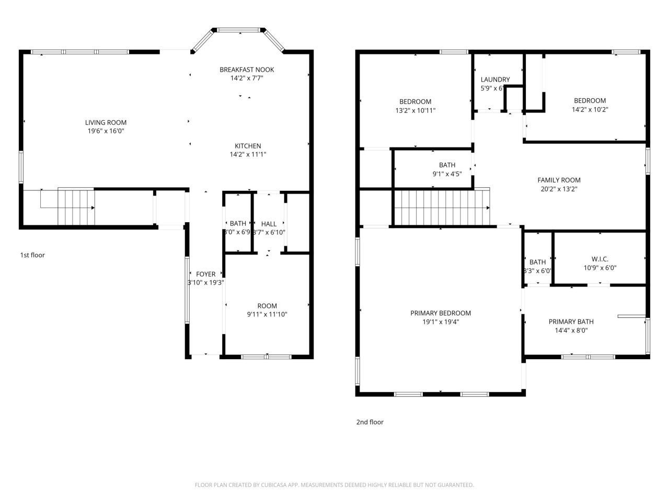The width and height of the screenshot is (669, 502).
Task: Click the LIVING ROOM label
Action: [106, 122]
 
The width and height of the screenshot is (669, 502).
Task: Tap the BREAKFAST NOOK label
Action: [247, 70]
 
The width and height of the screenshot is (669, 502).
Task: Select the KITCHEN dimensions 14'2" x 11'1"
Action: [248, 154]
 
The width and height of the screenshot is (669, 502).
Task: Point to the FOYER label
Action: [205, 274]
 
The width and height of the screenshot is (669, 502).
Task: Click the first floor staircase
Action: [76, 207]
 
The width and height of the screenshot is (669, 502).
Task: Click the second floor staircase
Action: [441, 207]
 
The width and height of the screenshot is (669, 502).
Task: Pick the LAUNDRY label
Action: [495, 79]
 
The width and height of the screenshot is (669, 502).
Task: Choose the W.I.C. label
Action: [599, 259]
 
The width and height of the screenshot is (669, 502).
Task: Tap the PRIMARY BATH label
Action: [571, 322]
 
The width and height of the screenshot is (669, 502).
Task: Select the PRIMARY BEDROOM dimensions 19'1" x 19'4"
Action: [441, 322]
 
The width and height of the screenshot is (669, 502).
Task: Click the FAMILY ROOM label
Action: [559, 180]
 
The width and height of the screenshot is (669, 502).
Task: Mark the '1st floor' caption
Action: [32, 255]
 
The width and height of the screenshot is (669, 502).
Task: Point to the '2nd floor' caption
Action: [370, 422]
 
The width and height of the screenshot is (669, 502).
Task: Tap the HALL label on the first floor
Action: [269, 224]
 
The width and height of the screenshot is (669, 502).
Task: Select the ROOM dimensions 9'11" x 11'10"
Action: [267, 314]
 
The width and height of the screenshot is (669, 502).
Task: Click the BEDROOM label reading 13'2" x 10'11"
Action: [415, 101]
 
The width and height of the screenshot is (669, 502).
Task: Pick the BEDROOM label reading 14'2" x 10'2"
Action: [590, 100]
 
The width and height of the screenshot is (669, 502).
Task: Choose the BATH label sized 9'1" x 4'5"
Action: [447, 165]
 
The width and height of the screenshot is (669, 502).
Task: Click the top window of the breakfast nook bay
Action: [240, 30]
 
